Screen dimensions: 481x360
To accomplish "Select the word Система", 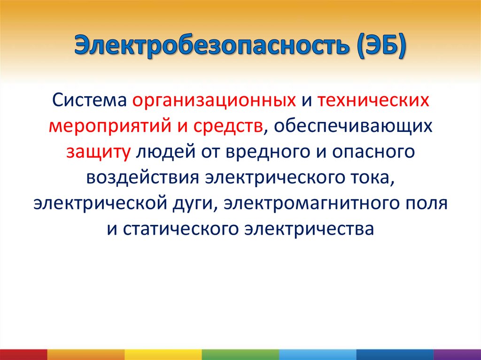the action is tap(89, 100).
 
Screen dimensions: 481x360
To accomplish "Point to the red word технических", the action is tap(373, 100).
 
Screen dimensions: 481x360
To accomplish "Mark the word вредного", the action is tap(268, 152).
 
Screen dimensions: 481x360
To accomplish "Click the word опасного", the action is tap(373, 152).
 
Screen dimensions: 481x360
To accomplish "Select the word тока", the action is tap(373, 178).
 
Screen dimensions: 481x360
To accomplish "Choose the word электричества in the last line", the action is tap(309, 229).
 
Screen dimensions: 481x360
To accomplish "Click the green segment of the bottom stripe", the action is tap(240, 354).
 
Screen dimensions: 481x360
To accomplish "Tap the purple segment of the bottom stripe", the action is tap(458, 354).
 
